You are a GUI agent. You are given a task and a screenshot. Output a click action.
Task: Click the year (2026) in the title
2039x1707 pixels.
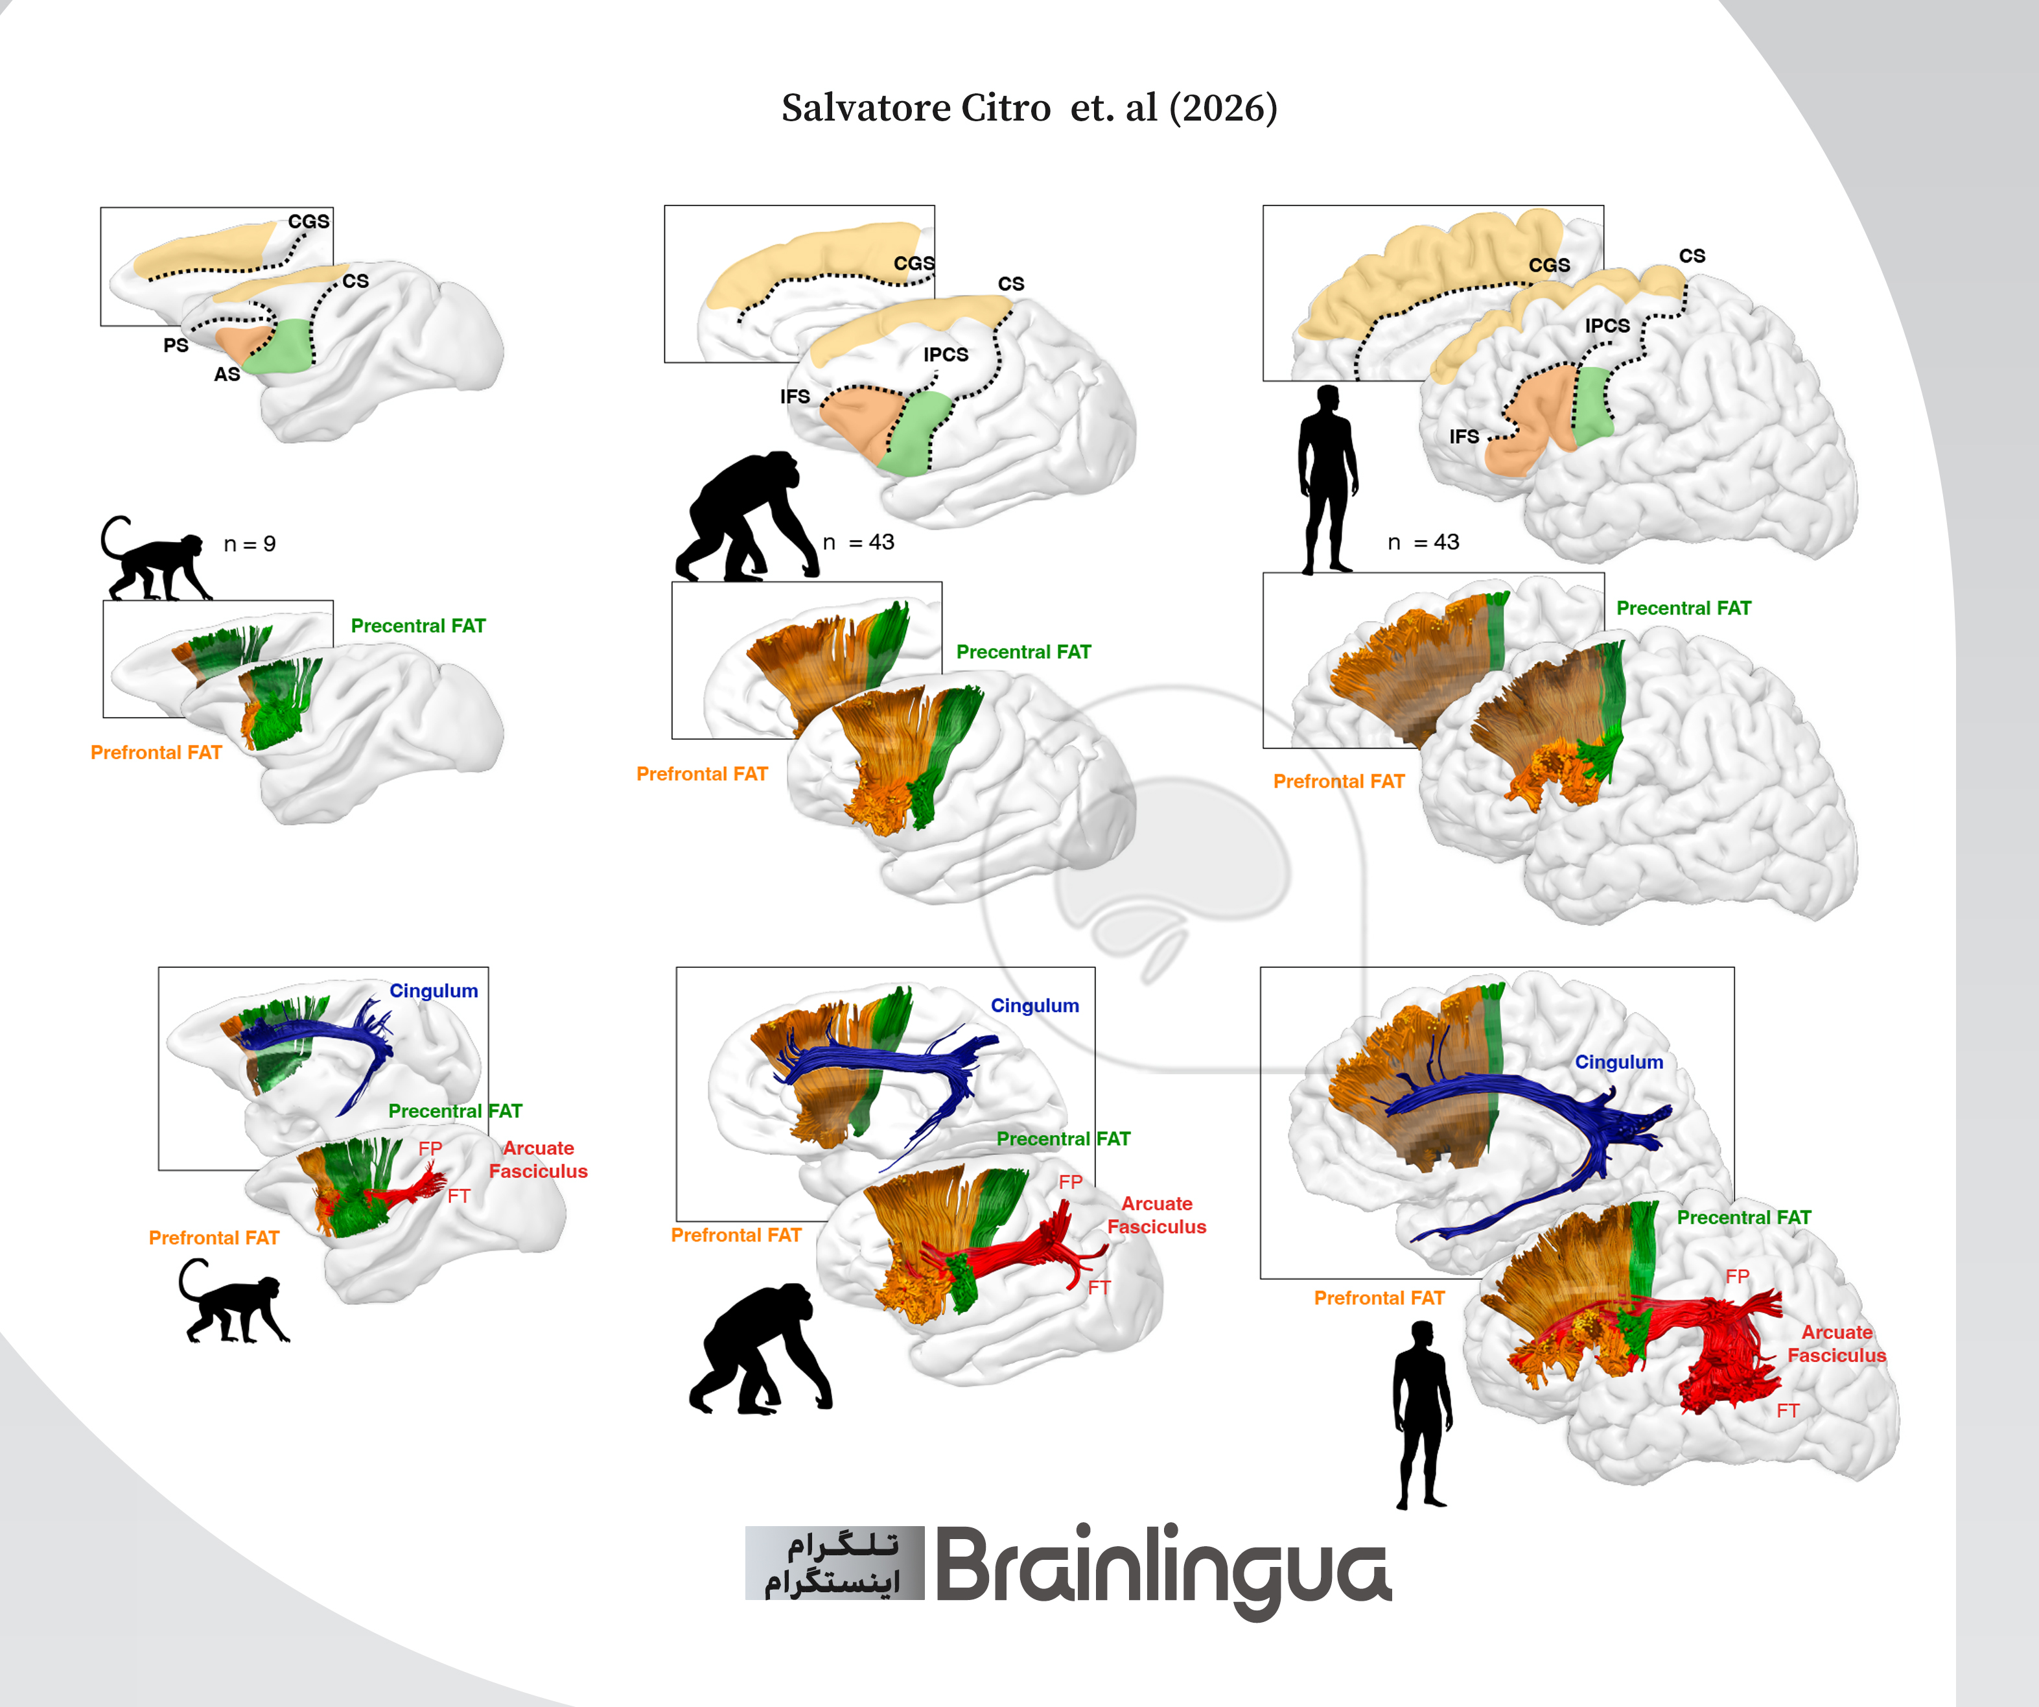[x=1224, y=108]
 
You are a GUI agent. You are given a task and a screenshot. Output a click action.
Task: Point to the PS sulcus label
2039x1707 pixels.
[x=176, y=346]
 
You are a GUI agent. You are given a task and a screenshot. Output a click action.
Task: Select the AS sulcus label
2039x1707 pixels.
[x=227, y=375]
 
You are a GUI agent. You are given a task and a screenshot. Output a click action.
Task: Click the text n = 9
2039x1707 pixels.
[x=250, y=544]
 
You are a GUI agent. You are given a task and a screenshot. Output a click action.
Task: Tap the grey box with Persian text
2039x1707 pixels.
[x=834, y=1563]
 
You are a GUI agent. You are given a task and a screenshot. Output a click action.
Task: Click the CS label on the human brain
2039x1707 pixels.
[x=1692, y=256]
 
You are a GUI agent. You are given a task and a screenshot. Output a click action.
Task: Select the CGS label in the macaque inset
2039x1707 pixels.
[x=309, y=221]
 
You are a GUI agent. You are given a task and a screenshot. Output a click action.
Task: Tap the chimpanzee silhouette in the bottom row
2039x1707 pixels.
[x=760, y=1348]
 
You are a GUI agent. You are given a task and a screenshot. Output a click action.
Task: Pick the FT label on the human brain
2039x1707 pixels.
[x=1788, y=1411]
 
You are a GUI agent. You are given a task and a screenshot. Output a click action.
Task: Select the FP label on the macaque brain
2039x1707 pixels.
[x=430, y=1149]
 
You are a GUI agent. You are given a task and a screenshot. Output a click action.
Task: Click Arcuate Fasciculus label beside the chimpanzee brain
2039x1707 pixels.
[x=1156, y=1216]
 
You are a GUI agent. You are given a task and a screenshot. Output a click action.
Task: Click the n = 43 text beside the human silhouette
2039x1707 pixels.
[x=1423, y=542]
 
